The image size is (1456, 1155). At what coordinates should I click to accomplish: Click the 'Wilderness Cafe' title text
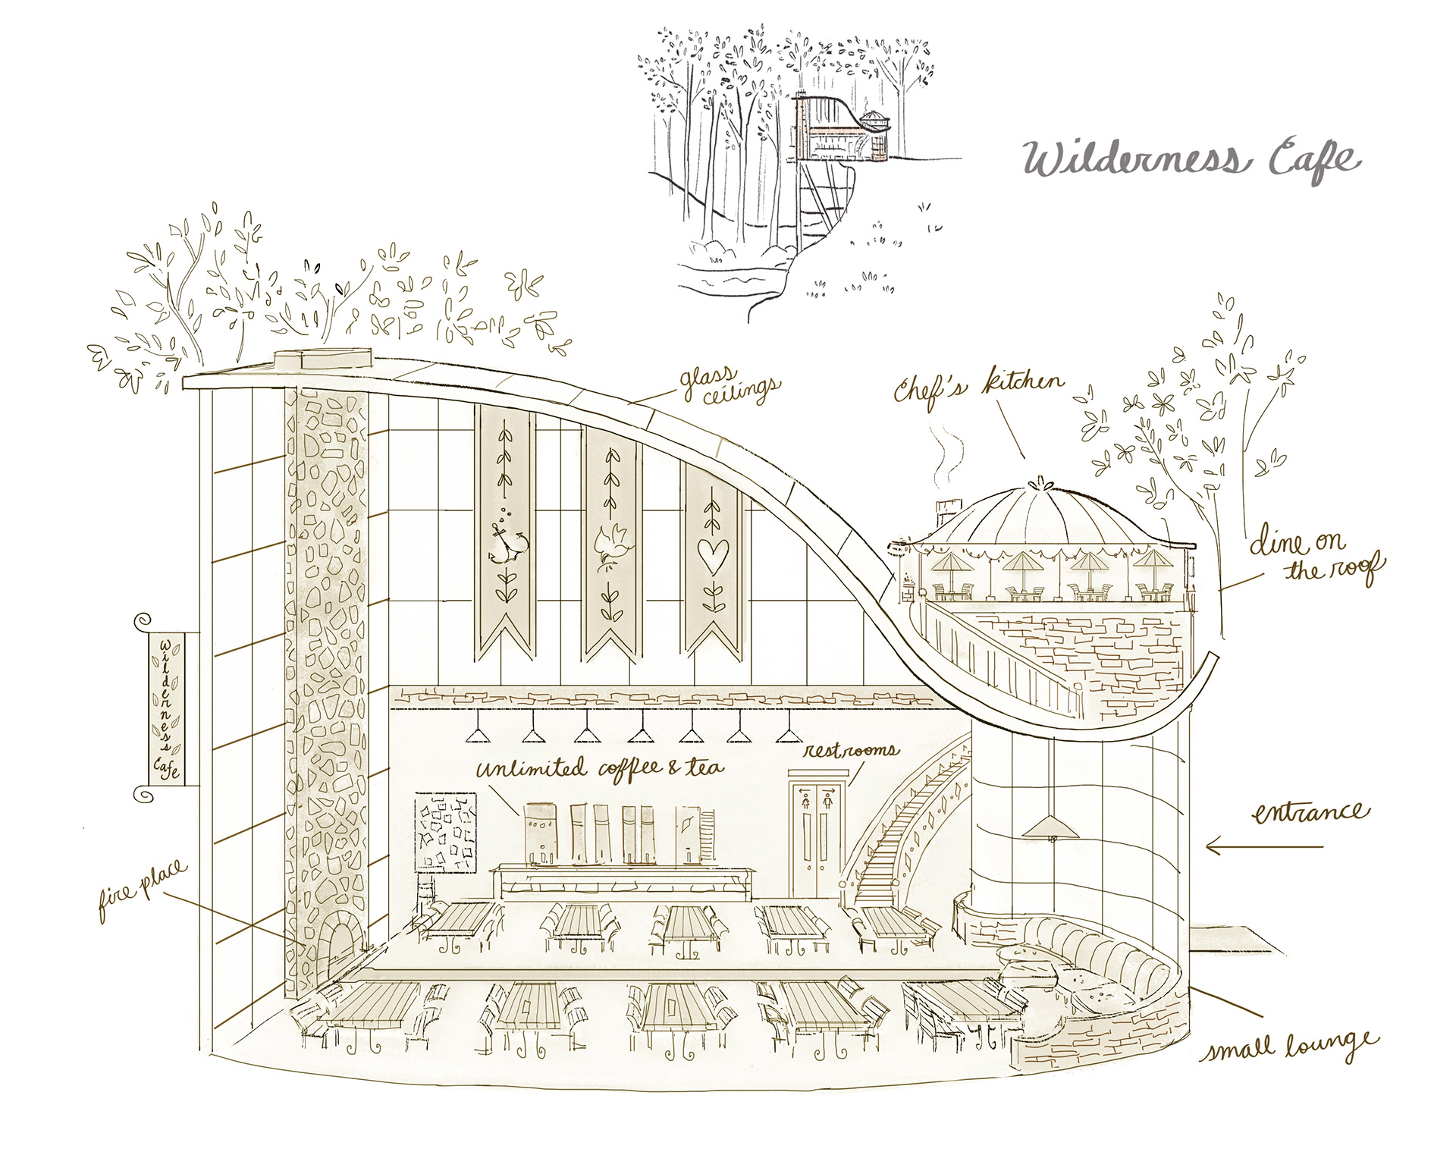click(x=1191, y=159)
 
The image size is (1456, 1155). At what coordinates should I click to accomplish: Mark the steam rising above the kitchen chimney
click(x=946, y=456)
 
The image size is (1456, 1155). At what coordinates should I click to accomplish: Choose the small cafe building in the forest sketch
click(x=842, y=133)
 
